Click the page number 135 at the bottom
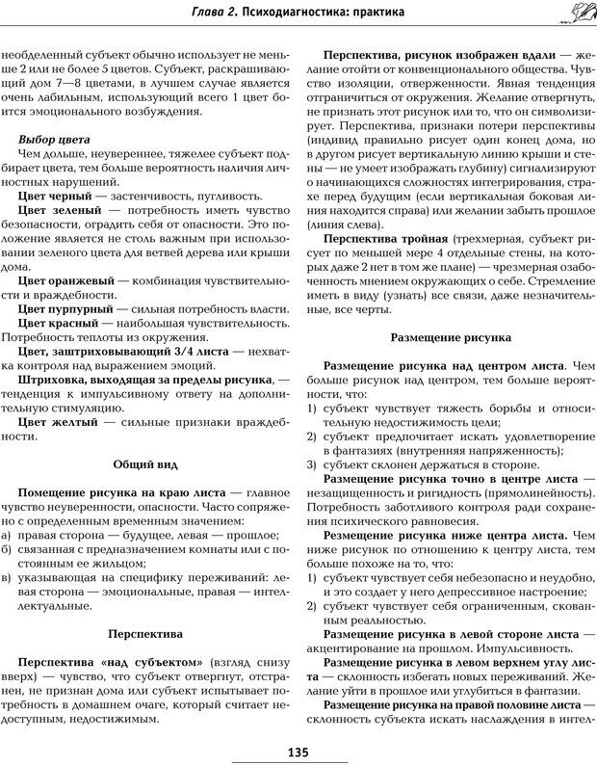(297, 753)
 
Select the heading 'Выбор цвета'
(55, 140)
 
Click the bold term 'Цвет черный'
(57, 196)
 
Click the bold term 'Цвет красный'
(60, 325)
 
